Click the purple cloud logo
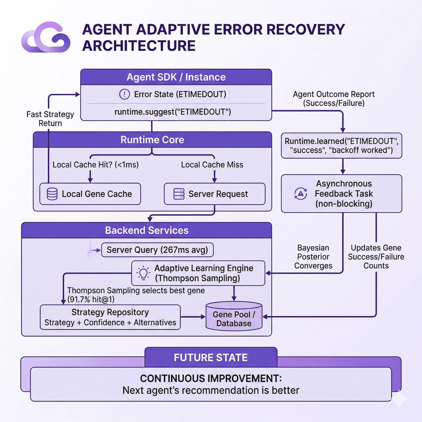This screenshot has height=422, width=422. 46,37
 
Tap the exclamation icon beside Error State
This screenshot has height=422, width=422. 124,95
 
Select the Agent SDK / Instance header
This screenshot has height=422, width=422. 176,77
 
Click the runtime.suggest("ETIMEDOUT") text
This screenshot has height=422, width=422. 173,112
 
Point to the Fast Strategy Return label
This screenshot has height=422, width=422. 50,119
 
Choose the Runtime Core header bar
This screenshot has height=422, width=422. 152,139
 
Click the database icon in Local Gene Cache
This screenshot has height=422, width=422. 52,194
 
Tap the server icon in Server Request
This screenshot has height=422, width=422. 179,194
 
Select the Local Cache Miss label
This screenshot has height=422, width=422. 212,165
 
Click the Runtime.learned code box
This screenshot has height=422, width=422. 342,146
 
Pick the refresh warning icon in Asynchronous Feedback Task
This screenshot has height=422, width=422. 300,194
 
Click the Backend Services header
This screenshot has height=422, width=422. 147,231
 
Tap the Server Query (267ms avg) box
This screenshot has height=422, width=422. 157,250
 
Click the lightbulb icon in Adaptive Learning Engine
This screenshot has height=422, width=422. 143,273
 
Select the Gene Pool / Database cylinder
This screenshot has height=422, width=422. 234,316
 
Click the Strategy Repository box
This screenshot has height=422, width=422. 110,317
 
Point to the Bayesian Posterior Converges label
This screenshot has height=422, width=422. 313,257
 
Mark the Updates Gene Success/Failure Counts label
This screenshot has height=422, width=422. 376,257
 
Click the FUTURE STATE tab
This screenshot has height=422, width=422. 211,358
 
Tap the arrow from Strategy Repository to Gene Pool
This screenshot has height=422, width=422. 193,317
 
